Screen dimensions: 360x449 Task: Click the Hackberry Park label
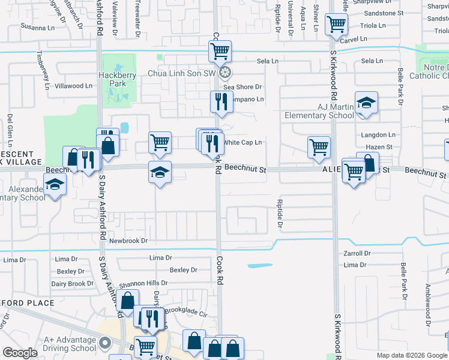pos(113,79)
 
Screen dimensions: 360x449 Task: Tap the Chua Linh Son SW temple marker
pos(225,73)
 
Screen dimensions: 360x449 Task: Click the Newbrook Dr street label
pos(128,241)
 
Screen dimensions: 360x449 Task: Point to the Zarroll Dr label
pos(359,254)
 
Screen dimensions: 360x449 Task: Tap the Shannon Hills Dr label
pos(143,283)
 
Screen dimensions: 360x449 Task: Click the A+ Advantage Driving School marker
pos(106,344)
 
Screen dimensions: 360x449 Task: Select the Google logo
pos(20,353)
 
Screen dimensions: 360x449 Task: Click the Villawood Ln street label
pos(74,86)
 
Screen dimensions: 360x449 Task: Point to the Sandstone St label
pos(384,13)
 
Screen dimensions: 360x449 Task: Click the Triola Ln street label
pos(372,26)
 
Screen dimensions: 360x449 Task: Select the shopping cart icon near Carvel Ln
pos(336,25)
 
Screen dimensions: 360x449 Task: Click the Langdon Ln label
pos(379,135)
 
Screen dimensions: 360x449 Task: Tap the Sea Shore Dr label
pos(246,87)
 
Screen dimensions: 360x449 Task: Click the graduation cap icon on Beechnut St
pos(160,172)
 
